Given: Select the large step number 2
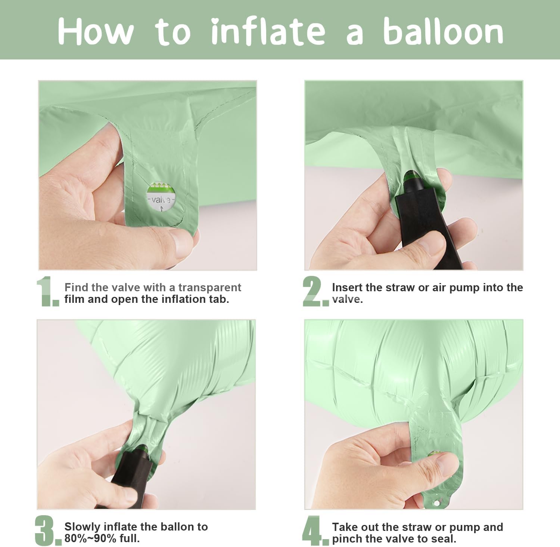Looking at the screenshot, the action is click(315, 291).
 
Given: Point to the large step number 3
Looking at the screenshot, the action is click(48, 531).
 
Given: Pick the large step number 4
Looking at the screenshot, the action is click(315, 531).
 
